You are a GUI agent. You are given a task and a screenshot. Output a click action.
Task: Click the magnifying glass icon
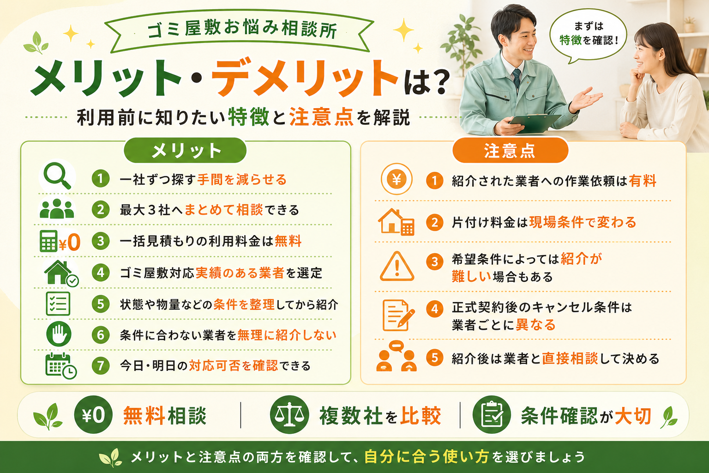pyautogui.click(x=57, y=176)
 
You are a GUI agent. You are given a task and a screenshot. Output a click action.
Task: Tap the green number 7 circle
pyautogui.click(x=101, y=365)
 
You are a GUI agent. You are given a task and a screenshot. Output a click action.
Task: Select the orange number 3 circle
pyautogui.click(x=434, y=262)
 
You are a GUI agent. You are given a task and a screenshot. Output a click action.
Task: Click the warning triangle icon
pyautogui.click(x=397, y=267)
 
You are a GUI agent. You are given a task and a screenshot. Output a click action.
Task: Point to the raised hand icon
pyautogui.click(x=59, y=334)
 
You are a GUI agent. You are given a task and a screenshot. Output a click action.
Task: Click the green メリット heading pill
pyautogui.click(x=185, y=151)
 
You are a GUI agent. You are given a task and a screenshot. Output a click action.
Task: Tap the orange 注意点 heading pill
pyautogui.click(x=510, y=151)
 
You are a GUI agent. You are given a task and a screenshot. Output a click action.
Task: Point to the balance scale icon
pyautogui.click(x=289, y=415)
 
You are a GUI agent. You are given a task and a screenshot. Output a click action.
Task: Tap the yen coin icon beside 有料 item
pyautogui.click(x=397, y=179)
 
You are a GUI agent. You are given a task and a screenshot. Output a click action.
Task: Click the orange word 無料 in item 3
pyautogui.click(x=288, y=241)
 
